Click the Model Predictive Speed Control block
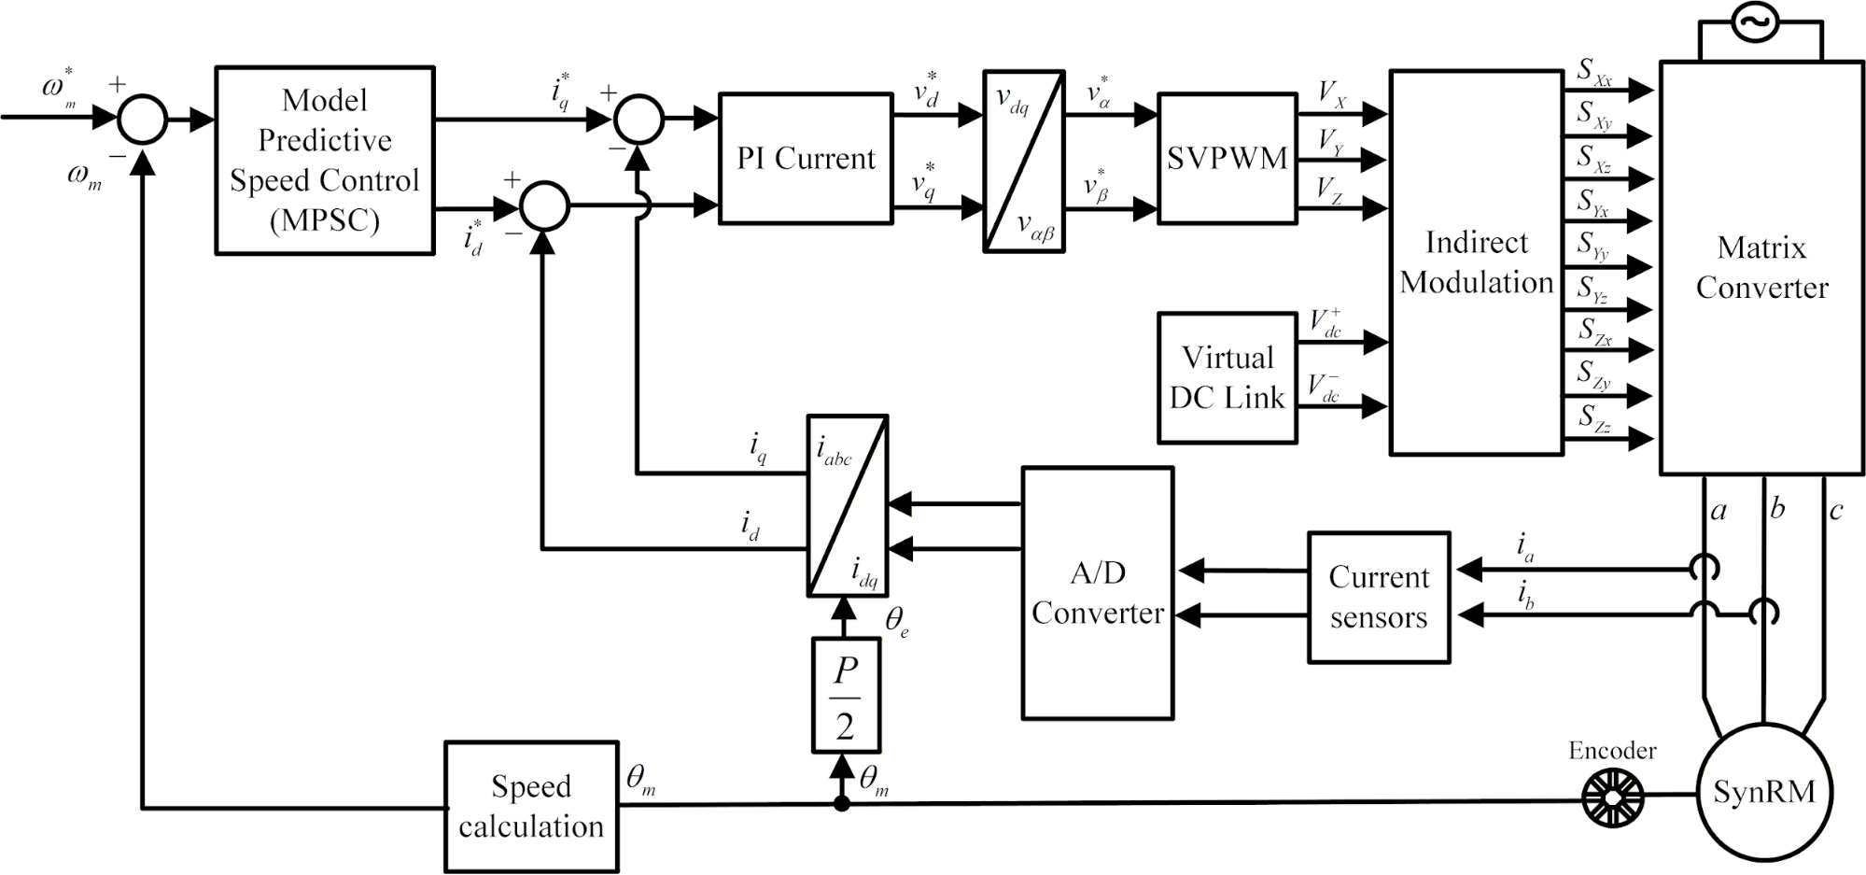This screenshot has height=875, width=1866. click(x=325, y=160)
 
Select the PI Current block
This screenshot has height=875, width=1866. click(x=806, y=158)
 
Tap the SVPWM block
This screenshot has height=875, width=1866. click(x=1227, y=158)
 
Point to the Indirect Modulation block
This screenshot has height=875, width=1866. click(x=1476, y=262)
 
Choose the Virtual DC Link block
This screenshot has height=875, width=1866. click(x=1227, y=377)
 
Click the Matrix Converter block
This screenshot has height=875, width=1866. click(x=1761, y=268)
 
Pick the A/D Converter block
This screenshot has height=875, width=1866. click(x=1097, y=593)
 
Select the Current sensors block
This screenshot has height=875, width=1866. click(x=1379, y=598)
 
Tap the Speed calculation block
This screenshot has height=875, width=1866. click(x=531, y=807)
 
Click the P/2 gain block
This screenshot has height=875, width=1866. click(x=846, y=696)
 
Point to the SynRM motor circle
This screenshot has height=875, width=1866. click(x=1763, y=792)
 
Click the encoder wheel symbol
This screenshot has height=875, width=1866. click(x=1612, y=796)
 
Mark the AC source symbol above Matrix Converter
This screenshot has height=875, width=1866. click(x=1761, y=23)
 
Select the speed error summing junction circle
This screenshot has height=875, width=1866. click(x=143, y=120)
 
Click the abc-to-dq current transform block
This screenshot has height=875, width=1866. click(x=847, y=505)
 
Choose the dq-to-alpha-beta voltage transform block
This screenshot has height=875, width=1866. click(x=1024, y=161)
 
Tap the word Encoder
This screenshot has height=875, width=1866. click(x=1612, y=751)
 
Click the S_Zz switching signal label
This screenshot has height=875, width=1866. click(x=1594, y=417)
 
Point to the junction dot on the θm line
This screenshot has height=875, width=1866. click(x=842, y=803)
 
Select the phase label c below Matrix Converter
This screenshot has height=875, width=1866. click(x=1836, y=511)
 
